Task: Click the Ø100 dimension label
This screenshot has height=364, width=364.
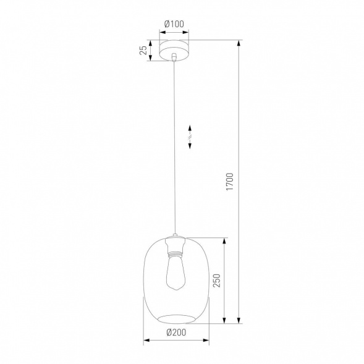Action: pyautogui.click(x=175, y=24)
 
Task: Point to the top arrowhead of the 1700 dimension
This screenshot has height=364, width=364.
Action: pyautogui.click(x=239, y=43)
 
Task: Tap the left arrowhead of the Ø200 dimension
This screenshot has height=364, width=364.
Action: pyautogui.click(x=146, y=339)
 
